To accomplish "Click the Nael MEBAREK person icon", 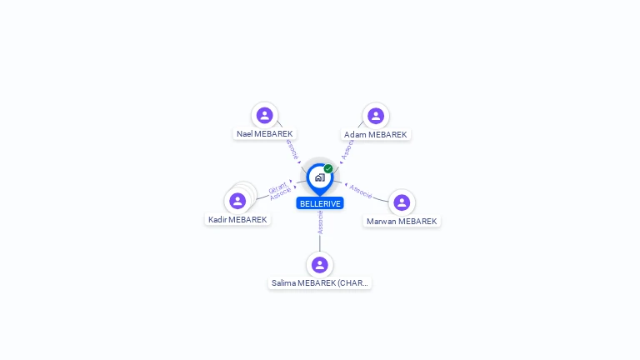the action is point(264,115).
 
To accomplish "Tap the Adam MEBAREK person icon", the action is point(376,115).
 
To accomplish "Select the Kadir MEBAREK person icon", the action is point(237,201).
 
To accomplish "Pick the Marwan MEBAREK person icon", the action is point(402,202).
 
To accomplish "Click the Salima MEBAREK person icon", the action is point(319,265).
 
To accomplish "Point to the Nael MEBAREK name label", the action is point(265,134).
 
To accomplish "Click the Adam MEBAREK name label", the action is point(376,134).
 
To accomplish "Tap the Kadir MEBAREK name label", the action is point(237,220).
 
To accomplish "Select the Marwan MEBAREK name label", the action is point(402,222).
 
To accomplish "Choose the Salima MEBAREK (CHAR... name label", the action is point(320,283).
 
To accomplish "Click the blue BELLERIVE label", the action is point(320,203).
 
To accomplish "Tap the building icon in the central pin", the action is point(319,177).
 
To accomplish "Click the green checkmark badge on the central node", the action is point(328,169).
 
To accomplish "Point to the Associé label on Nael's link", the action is point(291,149).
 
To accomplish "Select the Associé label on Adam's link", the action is point(347,148).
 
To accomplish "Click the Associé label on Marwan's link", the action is point(361,191).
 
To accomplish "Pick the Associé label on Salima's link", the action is point(320,222).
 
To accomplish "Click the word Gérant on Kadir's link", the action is point(277,187).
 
